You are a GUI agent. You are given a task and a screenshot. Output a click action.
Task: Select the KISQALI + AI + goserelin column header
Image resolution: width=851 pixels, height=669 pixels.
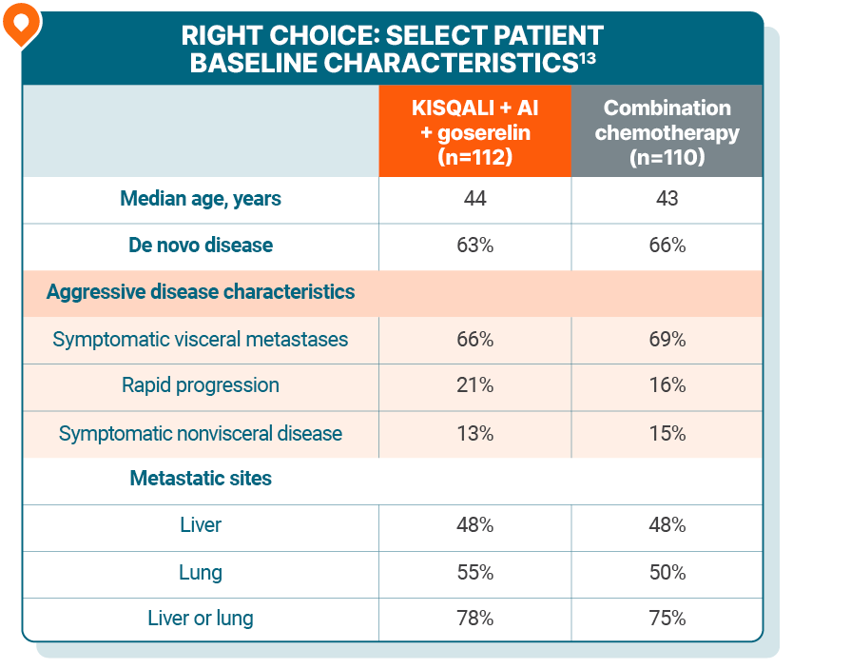[474, 132]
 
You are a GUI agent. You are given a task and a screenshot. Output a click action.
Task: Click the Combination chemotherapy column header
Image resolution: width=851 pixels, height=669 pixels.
[667, 132]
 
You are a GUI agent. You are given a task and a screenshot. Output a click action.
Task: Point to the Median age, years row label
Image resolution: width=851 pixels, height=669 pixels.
[201, 199]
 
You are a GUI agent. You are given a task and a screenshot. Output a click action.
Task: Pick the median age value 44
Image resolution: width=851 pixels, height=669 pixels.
[474, 199]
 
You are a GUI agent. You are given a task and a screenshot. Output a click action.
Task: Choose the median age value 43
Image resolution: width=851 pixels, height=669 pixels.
[667, 199]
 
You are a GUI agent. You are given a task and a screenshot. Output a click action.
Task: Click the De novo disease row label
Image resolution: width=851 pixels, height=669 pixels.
[201, 246]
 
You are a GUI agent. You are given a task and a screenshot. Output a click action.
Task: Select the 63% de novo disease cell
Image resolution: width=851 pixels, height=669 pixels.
[474, 246]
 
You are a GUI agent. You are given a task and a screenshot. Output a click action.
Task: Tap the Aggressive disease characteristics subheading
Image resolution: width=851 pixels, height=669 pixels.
[201, 292]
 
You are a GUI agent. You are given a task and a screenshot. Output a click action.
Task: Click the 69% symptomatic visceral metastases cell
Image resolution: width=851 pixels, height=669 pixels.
[667, 339]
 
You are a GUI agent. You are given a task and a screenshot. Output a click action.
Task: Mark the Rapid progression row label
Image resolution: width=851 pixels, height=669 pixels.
[201, 385]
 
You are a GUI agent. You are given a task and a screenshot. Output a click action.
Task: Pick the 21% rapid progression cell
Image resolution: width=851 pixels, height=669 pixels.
[474, 385]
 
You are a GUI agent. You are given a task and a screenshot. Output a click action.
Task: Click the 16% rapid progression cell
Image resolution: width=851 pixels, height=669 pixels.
[667, 385]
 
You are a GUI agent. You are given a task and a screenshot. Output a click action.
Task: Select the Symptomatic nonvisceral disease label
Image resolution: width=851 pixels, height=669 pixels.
[201, 433]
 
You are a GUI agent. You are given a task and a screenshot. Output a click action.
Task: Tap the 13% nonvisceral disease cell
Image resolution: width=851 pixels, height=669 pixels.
[474, 433]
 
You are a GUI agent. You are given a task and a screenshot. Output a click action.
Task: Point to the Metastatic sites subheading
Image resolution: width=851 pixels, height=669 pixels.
[201, 479]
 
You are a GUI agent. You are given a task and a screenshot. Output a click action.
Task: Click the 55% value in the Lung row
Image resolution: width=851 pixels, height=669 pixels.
[474, 572]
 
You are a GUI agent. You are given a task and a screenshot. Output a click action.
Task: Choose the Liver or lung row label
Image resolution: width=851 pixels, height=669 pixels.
[201, 619]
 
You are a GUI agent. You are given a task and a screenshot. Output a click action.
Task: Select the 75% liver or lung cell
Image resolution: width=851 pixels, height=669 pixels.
[667, 619]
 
